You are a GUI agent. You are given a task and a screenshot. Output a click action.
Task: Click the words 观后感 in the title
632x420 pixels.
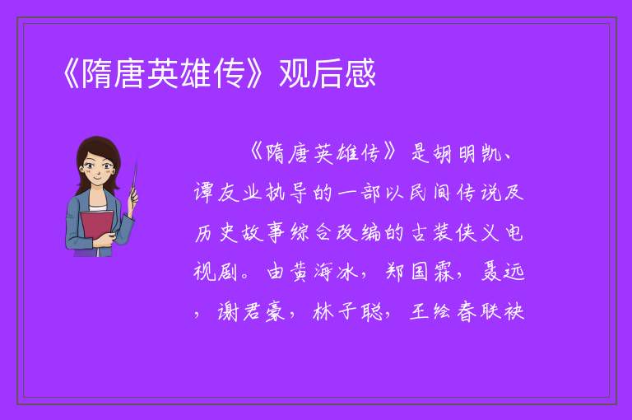328,73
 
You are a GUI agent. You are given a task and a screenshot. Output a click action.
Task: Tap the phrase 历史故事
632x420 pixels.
240,233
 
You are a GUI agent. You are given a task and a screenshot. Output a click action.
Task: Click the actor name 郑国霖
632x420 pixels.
421,273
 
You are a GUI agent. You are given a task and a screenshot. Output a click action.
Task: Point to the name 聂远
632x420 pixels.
503,273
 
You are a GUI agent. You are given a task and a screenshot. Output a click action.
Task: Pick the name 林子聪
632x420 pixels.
347,312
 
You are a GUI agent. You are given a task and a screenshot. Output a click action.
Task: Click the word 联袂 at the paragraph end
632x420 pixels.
502,312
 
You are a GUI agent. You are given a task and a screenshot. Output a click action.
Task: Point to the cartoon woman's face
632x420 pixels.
98,167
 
